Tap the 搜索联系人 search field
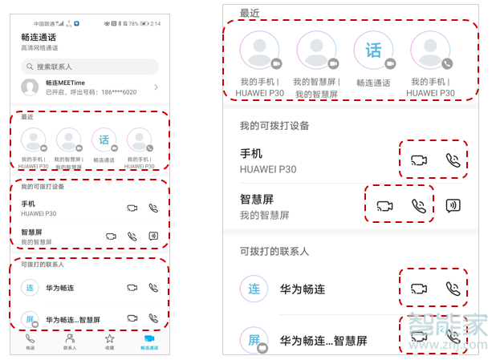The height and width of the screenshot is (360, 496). (88, 67)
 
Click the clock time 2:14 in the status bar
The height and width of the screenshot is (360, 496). (155, 24)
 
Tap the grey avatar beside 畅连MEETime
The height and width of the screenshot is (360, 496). (30, 87)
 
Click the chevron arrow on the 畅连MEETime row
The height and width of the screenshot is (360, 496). (156, 87)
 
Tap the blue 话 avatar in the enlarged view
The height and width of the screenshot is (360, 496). (374, 51)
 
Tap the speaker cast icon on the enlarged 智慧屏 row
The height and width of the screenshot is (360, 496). (453, 205)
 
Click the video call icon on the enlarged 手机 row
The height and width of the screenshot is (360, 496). (418, 160)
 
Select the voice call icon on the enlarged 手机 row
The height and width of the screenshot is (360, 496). (453, 160)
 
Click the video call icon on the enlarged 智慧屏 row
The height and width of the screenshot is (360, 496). (384, 205)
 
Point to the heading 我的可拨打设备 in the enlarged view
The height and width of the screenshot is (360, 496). (274, 126)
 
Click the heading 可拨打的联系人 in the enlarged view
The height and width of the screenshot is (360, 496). (274, 251)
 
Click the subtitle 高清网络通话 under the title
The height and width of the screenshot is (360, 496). (39, 48)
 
